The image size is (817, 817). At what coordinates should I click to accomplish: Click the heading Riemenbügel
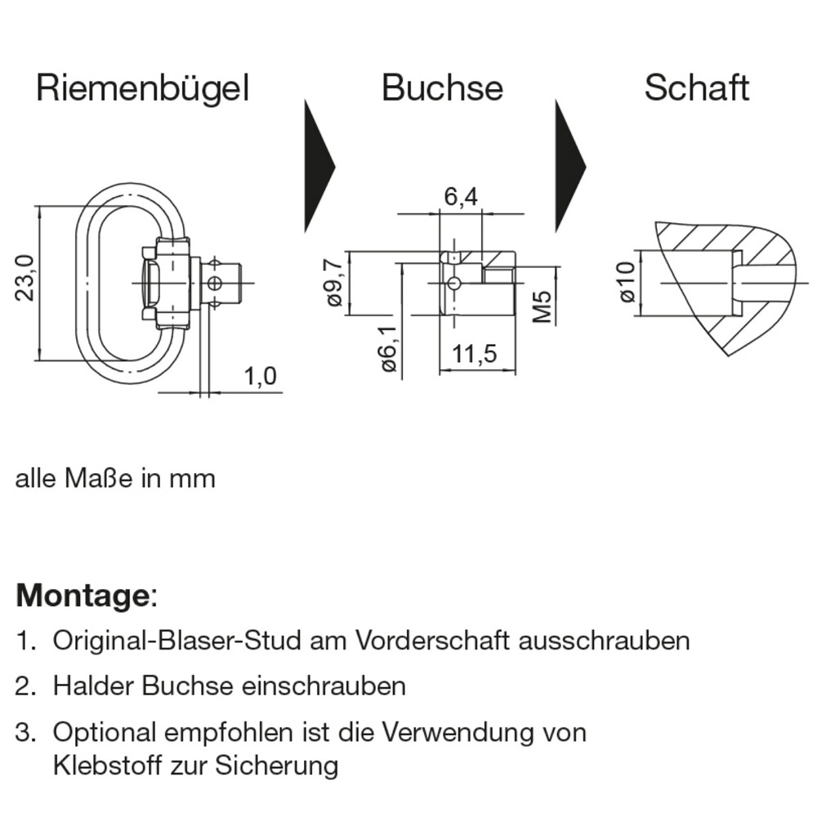(142, 88)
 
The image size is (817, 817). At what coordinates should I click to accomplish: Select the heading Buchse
(442, 88)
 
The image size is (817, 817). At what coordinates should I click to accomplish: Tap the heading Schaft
(696, 88)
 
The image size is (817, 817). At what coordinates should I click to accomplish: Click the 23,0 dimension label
(25, 278)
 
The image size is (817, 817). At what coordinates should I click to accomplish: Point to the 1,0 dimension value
(260, 377)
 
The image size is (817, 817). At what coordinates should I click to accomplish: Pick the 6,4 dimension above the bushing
(461, 198)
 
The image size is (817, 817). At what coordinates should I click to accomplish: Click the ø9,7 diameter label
(333, 283)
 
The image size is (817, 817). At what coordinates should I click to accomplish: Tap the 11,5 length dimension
(475, 354)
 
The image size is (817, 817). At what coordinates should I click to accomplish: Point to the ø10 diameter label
(627, 283)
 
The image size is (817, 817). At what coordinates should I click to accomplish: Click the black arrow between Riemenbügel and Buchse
(319, 166)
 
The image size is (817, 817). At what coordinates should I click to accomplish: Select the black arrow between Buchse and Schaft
(569, 166)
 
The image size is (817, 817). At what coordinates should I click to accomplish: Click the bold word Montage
(82, 595)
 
